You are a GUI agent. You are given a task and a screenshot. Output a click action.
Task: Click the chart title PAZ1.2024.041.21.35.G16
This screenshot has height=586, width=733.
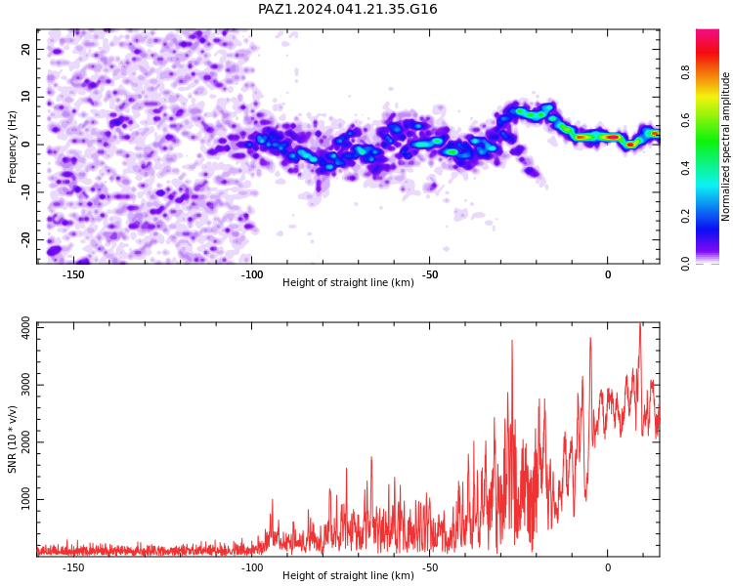(x=347, y=9)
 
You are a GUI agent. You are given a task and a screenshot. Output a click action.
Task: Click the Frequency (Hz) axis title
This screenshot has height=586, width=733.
(x=12, y=146)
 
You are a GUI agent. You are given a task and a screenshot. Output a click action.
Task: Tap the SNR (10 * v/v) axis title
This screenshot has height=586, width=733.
(x=12, y=439)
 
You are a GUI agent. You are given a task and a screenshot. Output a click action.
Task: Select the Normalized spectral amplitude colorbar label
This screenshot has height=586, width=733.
(x=725, y=146)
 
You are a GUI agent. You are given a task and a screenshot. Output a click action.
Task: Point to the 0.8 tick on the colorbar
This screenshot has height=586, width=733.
(x=685, y=72)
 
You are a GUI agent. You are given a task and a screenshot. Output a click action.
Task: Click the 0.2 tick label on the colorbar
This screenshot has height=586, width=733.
(x=685, y=216)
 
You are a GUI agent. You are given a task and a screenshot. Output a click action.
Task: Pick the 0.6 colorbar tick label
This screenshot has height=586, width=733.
(x=685, y=120)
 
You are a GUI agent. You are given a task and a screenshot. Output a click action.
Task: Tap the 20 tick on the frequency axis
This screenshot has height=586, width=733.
(x=25, y=49)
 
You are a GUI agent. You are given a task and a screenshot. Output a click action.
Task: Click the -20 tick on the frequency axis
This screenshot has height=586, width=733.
(x=25, y=239)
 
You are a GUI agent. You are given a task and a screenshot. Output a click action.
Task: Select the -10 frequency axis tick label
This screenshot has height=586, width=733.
(x=25, y=192)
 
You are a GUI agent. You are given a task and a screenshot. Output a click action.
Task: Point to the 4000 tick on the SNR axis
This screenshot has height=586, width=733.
(x=25, y=327)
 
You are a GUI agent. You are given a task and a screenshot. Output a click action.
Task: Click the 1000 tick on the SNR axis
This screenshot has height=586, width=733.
(x=25, y=499)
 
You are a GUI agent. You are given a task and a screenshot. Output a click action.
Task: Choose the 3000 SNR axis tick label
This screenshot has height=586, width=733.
(x=25, y=385)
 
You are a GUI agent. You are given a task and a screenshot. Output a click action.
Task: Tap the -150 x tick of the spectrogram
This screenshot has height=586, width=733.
(x=73, y=274)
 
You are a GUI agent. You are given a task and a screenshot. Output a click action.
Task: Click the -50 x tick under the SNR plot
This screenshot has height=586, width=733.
(x=429, y=567)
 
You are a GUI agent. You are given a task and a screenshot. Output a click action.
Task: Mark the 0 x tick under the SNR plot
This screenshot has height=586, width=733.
(x=608, y=567)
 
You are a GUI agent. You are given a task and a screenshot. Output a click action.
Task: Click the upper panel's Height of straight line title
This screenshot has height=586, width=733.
(x=348, y=282)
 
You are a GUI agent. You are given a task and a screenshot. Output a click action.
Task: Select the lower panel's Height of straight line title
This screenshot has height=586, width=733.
(x=348, y=575)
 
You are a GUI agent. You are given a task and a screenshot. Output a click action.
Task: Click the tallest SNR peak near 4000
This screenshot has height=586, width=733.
(x=640, y=323)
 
